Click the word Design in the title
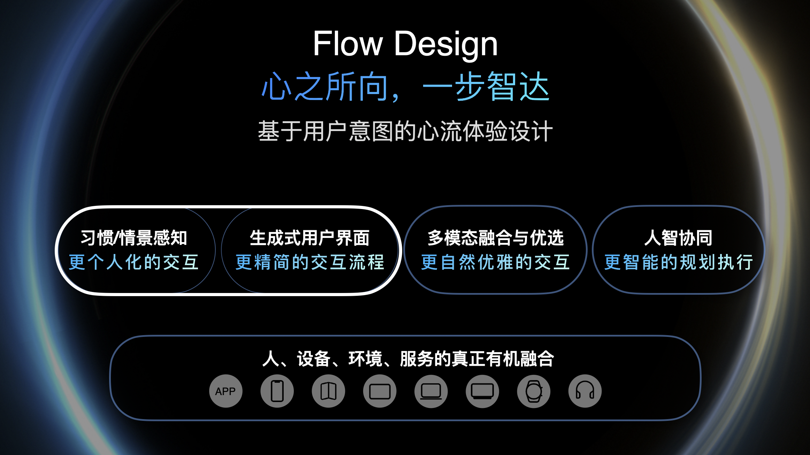click(446, 45)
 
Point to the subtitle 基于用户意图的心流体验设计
click(405, 131)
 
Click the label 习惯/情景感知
click(134, 238)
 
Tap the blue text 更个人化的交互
click(134, 262)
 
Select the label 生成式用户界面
click(310, 238)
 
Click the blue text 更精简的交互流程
click(310, 262)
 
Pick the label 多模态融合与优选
click(495, 238)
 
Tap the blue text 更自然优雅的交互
click(495, 262)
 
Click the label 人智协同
click(678, 238)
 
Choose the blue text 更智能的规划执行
click(678, 262)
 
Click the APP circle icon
click(226, 391)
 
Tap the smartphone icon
click(277, 391)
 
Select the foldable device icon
click(328, 391)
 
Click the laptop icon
click(431, 391)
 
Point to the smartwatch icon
click(534, 391)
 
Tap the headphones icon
click(585, 391)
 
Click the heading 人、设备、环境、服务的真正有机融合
click(408, 359)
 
